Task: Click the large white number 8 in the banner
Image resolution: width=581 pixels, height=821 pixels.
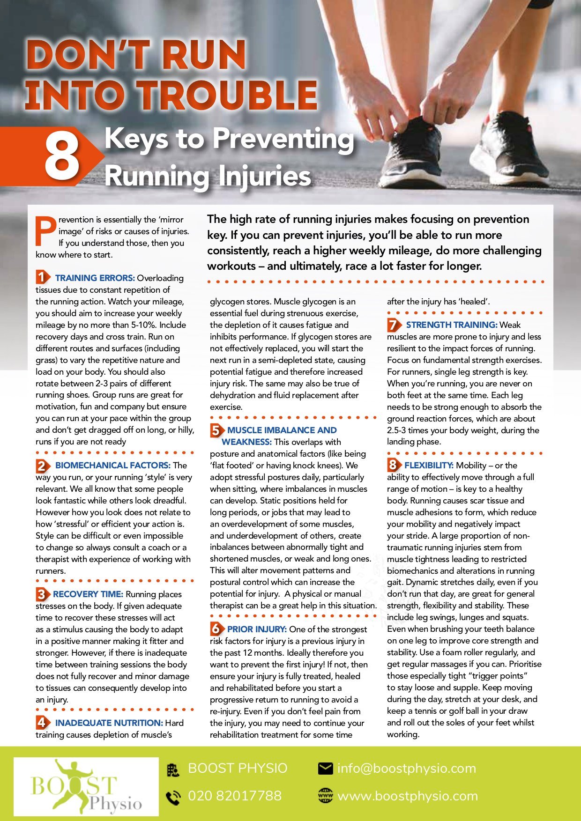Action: pos(62,157)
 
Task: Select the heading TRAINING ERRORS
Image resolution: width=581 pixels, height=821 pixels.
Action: pos(95,278)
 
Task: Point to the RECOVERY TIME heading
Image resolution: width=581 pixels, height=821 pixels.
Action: pos(88,594)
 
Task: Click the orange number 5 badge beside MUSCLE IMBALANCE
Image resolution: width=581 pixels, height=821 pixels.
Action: pos(216,430)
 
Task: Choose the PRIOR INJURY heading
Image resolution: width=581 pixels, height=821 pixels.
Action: pos(257,629)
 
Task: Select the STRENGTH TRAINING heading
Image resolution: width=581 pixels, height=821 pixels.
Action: pos(451,325)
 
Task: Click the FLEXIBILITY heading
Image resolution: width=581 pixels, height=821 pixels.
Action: pos(429,466)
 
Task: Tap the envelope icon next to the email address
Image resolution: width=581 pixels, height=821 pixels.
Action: pos(325,769)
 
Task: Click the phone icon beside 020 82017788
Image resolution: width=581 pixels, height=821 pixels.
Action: pos(173,797)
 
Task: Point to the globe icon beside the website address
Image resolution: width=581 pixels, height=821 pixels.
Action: pos(325,796)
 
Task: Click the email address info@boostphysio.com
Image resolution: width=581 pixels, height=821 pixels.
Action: pos(407,769)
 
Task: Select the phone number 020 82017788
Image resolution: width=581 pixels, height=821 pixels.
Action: pos(235,796)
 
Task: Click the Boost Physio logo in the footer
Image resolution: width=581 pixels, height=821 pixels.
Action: pos(86,787)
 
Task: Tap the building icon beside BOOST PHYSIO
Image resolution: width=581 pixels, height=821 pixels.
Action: pos(173,769)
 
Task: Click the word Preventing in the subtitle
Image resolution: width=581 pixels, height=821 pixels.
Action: pos(283,139)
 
